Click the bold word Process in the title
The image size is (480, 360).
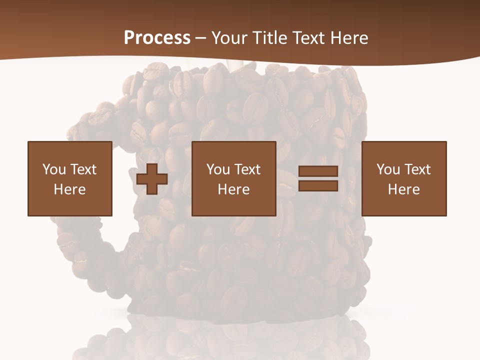[x=157, y=38]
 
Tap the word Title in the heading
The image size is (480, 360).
[x=270, y=38]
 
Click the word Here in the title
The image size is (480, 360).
[x=350, y=38]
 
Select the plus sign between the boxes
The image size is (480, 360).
[x=152, y=179]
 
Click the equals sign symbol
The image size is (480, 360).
[x=318, y=178]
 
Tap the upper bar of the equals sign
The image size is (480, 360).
[x=318, y=171]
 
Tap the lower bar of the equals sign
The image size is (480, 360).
[x=318, y=185]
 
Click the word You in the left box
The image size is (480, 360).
[x=53, y=169]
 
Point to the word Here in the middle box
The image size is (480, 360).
[x=233, y=189]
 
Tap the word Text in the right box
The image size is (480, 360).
[x=417, y=169]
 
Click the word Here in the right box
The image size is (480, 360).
[x=403, y=189]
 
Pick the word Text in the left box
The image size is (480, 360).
[x=83, y=169]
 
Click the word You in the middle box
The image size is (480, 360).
[x=217, y=169]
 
